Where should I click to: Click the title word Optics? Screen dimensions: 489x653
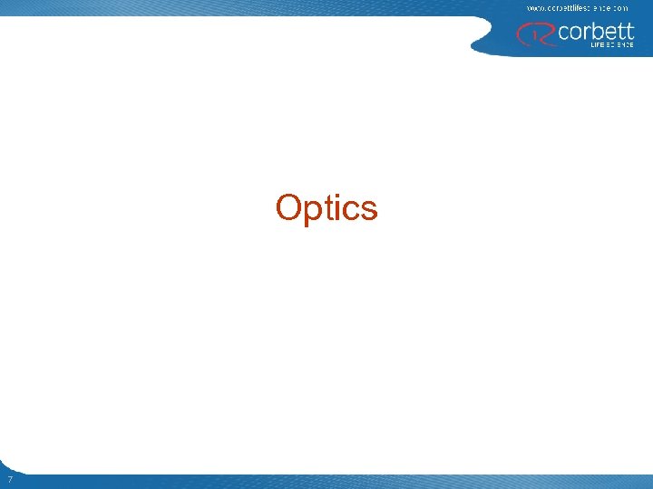[326, 208]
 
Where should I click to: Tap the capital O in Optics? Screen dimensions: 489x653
[289, 207]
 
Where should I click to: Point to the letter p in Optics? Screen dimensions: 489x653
[312, 211]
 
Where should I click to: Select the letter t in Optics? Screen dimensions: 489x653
[328, 208]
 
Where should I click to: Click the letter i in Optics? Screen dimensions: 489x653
[338, 207]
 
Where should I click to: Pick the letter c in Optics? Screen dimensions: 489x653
[351, 210]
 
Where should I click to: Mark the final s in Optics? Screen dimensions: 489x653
[368, 210]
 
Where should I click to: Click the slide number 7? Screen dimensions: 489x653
[8, 479]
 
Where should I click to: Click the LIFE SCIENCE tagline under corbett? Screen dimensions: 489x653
[607, 44]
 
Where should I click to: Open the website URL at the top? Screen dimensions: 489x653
[577, 7]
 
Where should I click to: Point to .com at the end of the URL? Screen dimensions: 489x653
[619, 7]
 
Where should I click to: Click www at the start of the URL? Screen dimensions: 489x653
[534, 7]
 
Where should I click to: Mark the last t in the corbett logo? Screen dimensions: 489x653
[629, 31]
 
